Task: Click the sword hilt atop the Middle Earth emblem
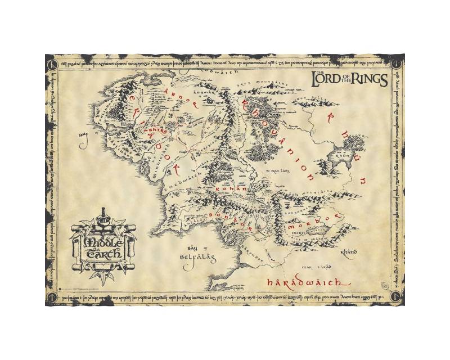tap(102, 215)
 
